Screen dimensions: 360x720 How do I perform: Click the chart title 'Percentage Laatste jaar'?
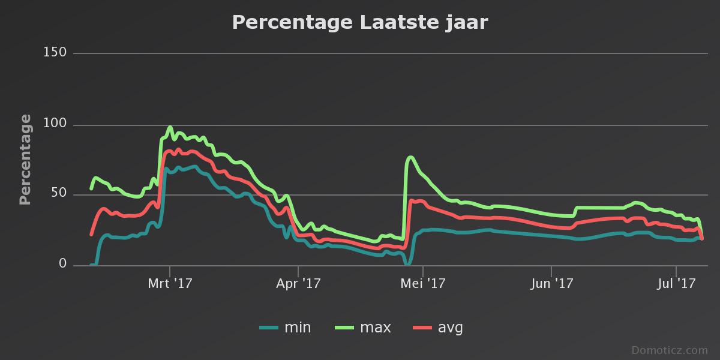(x=360, y=23)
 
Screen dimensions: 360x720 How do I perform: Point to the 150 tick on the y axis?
(x=55, y=53)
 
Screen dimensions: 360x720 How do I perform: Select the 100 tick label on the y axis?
(x=55, y=125)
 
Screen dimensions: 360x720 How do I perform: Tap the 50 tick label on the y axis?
(x=59, y=194)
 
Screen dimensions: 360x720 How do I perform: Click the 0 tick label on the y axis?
(x=62, y=264)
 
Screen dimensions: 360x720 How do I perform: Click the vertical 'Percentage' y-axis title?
(x=25, y=159)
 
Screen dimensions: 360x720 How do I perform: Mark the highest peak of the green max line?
(x=170, y=127)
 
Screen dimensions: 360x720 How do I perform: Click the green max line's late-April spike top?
(x=410, y=158)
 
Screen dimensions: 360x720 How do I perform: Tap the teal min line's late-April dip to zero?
(x=407, y=263)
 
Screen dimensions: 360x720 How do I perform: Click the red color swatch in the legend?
(x=422, y=328)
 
